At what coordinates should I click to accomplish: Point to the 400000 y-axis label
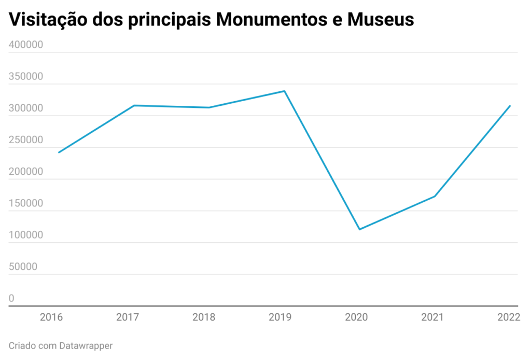pos(26,45)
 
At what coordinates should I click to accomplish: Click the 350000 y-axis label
pos(26,77)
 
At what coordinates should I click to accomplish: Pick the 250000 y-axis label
pos(26,141)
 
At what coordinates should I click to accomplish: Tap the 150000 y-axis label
pos(26,204)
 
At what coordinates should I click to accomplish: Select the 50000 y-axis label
pos(23,267)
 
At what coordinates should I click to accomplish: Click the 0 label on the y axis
pos(11,299)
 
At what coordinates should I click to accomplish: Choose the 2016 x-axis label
pos(51,317)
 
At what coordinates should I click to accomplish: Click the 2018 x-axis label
pos(204,317)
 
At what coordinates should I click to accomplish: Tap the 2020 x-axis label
pos(356,317)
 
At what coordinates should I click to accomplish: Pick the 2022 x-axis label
pos(508,317)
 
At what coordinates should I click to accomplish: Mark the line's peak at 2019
pos(284,91)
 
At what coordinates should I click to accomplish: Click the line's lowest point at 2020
pos(359,229)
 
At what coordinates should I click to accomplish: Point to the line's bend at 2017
pos(134,106)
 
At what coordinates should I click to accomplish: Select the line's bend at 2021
pos(435,196)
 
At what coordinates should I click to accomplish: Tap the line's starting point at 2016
pos(59,153)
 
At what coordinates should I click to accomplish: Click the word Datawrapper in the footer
pos(86,345)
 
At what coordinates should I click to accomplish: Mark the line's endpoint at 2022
pos(510,106)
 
